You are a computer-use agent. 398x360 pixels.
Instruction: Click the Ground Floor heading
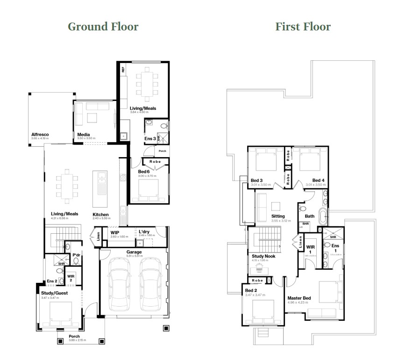(x=103, y=26)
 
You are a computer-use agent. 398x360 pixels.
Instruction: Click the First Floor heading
(x=303, y=26)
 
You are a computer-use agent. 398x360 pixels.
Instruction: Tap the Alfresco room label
(x=40, y=134)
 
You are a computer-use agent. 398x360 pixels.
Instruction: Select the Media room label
(x=84, y=134)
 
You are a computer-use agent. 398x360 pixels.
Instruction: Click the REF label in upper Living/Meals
(x=123, y=70)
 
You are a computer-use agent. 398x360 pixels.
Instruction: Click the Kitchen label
(x=100, y=214)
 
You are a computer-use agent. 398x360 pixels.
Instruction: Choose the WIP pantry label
(x=115, y=232)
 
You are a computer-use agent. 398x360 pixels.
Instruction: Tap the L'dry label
(x=144, y=232)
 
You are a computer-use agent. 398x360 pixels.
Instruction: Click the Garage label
(x=134, y=252)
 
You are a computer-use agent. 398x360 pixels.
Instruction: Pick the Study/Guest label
(x=54, y=293)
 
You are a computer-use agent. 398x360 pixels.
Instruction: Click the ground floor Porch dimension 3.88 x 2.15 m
(x=74, y=340)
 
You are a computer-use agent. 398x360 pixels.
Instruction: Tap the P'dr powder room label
(x=76, y=255)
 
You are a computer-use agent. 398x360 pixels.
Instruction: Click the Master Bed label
(x=299, y=298)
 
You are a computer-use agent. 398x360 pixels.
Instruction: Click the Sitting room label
(x=278, y=216)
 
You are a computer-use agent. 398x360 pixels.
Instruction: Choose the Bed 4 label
(x=318, y=180)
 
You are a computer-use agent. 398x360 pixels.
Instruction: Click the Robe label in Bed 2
(x=257, y=280)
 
